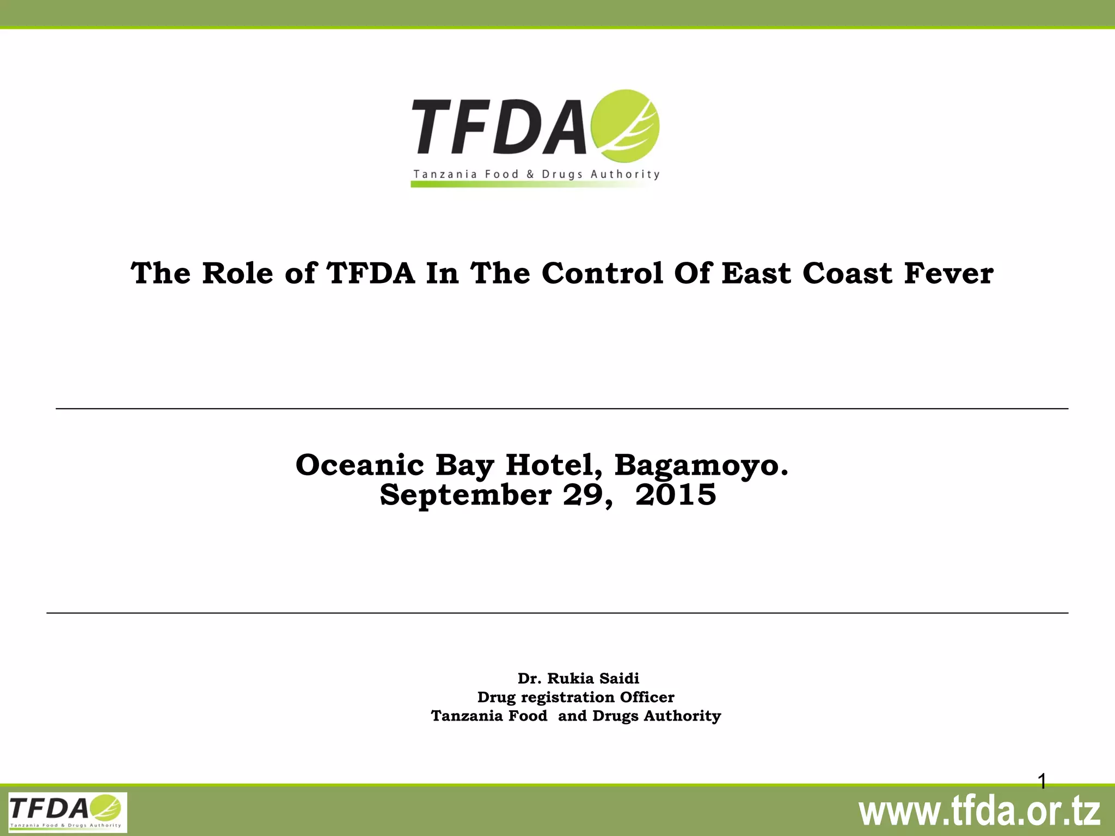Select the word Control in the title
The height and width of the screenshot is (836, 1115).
click(x=603, y=273)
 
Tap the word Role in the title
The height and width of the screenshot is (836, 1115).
click(x=237, y=273)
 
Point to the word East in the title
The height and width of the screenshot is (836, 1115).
click(x=757, y=273)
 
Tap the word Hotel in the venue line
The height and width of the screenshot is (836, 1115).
click(x=555, y=465)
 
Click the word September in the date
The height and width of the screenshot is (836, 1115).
click(x=465, y=495)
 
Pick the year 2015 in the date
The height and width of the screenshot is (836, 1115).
click(x=676, y=495)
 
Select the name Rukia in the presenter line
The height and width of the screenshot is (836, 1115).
click(x=570, y=678)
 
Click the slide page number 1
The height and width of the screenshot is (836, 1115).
click(x=1042, y=782)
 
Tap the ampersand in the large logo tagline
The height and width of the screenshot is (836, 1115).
click(x=530, y=174)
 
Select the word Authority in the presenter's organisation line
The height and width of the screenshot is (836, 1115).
click(x=682, y=716)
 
